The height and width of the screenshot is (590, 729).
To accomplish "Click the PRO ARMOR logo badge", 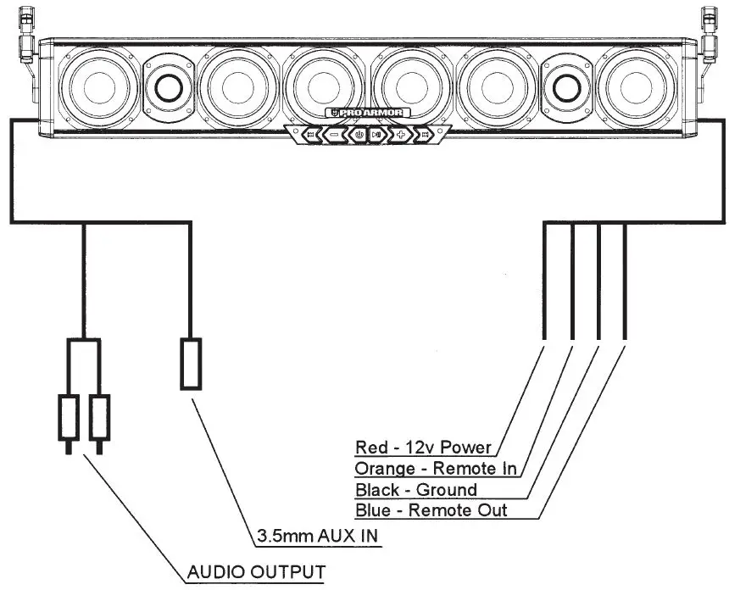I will (368, 113).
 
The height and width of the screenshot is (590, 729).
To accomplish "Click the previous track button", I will (311, 134).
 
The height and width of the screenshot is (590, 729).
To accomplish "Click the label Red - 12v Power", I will (424, 447).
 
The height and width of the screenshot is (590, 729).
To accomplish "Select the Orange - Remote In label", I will (436, 468).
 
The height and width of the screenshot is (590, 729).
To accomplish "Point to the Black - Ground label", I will (415, 489).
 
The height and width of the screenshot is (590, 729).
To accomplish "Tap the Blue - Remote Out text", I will (431, 510).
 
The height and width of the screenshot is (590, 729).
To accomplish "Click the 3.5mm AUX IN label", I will (315, 537).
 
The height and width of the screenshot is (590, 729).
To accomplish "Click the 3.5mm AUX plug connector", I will (191, 364).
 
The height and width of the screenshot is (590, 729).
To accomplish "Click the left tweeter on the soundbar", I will (166, 86).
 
